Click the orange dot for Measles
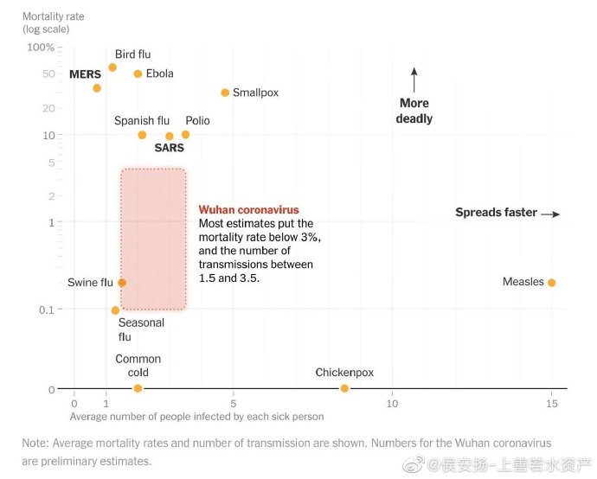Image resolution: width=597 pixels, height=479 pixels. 551,283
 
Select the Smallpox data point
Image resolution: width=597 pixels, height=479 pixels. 225,93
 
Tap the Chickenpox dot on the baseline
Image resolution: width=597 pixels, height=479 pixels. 344,388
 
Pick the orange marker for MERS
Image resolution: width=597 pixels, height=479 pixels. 97,88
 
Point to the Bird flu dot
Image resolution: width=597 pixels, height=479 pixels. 112,67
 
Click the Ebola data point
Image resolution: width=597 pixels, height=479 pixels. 138,73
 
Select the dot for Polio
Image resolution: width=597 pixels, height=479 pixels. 185,134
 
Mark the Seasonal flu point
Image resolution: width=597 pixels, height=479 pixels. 115,310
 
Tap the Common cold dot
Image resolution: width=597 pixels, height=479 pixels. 138,388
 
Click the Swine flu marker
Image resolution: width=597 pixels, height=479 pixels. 122,283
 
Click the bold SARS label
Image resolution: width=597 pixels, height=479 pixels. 169,148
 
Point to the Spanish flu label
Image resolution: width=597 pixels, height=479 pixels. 141,121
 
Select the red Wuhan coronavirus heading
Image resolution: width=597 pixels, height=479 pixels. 249,210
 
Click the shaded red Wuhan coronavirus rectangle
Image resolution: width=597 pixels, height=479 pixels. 153,239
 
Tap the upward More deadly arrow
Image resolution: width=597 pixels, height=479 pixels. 414,80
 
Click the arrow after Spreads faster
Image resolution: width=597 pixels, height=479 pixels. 551,214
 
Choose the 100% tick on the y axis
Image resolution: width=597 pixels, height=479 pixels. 41,47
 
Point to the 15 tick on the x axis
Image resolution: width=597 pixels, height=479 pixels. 551,404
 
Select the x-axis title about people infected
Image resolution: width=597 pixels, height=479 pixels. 196,417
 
